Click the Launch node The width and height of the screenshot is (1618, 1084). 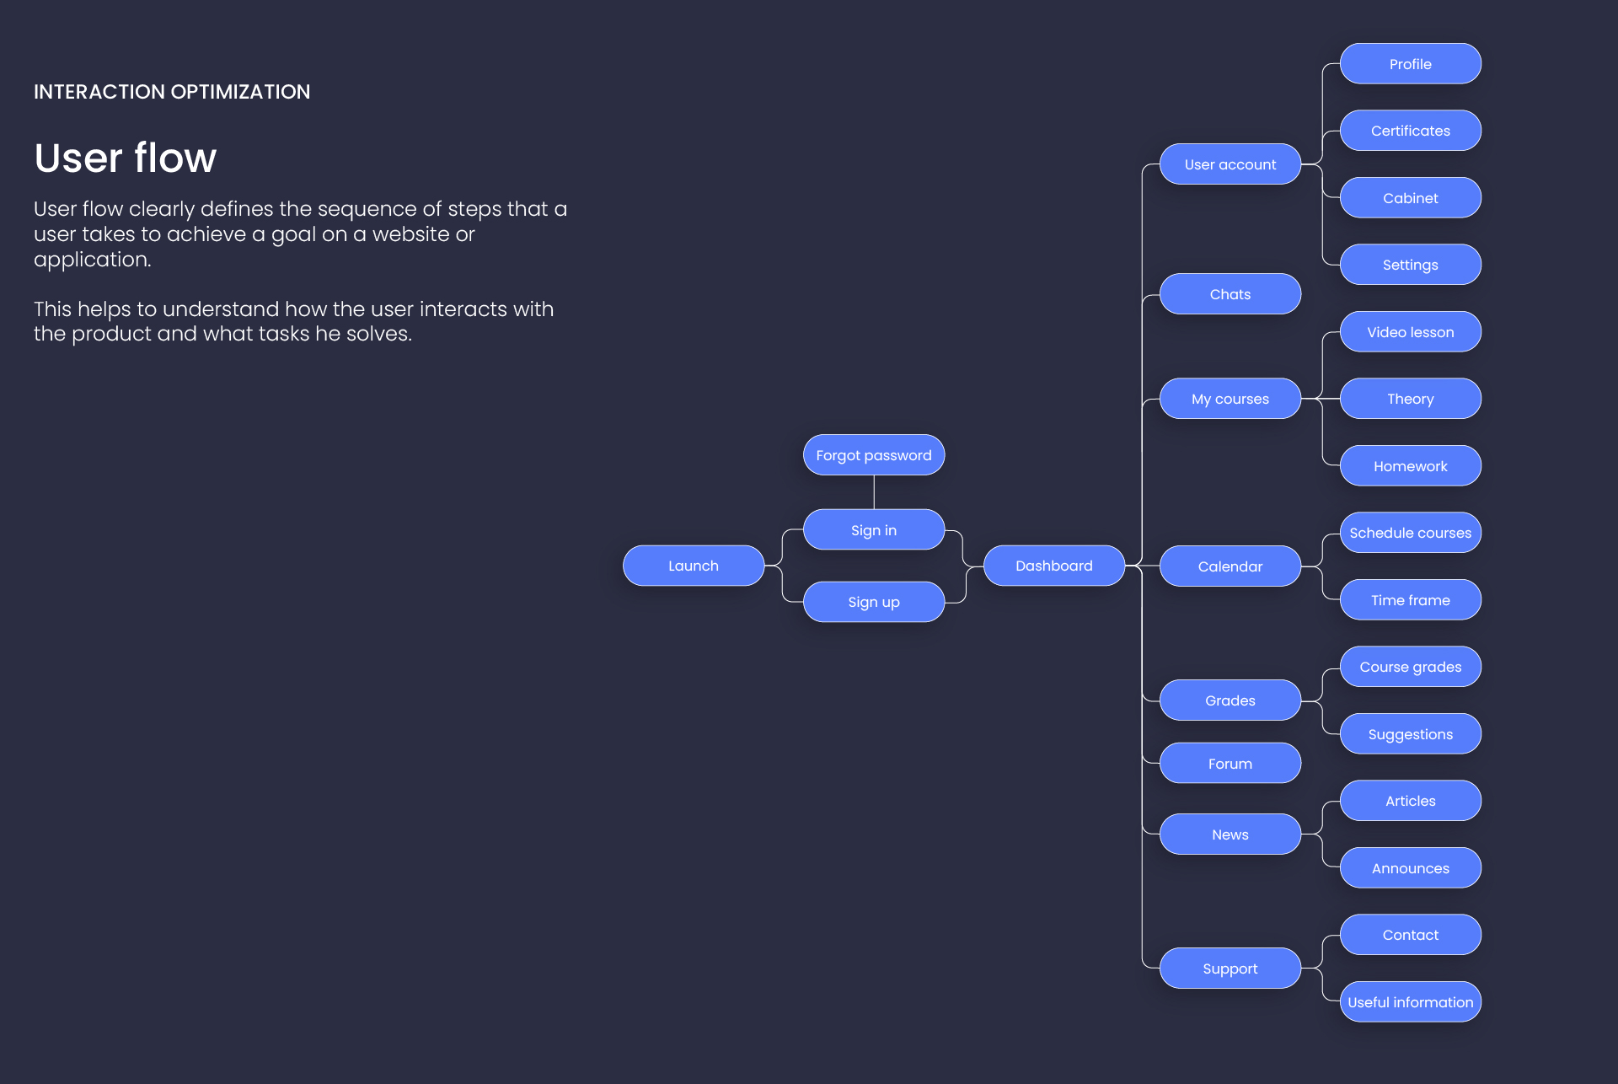tap(693, 566)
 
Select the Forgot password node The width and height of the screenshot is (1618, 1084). tap(873, 455)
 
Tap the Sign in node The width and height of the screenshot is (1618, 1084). tap(873, 530)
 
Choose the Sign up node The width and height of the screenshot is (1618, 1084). tap(873, 602)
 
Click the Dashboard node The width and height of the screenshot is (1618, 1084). tap(1053, 566)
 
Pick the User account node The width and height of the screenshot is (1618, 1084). tap(1230, 164)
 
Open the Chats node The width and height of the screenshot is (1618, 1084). tap(1230, 294)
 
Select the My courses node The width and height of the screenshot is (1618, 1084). tap(1230, 399)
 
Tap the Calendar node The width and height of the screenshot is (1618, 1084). tap(1230, 566)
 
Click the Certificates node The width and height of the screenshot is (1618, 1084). tap(1410, 131)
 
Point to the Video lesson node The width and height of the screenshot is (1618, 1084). tap(1410, 332)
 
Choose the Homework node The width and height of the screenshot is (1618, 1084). tap(1410, 466)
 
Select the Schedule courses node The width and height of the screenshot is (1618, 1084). tap(1410, 533)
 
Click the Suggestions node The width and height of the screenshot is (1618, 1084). tap(1410, 734)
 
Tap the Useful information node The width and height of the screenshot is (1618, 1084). tap(1410, 1002)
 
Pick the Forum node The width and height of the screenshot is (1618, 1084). tap(1230, 764)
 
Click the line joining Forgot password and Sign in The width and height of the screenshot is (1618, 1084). tap(874, 492)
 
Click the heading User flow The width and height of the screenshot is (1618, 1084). tap(126, 158)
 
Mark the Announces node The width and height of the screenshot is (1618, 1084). tap(1410, 868)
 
